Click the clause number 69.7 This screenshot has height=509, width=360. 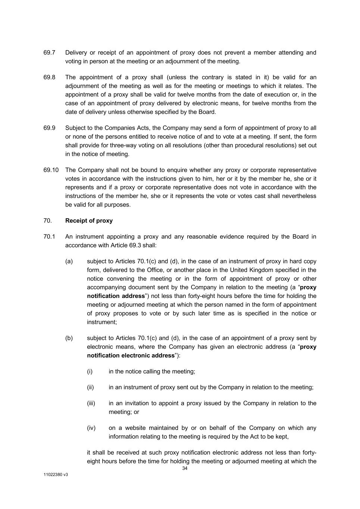49,53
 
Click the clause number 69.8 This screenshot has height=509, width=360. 49,77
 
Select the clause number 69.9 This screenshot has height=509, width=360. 49,128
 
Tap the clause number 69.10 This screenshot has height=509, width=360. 51,170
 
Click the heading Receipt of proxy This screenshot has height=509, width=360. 89,220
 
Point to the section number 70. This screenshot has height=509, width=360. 47,220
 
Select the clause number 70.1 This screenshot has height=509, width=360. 49,236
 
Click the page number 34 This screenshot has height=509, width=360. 185,468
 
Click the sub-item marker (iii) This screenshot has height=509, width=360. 91,403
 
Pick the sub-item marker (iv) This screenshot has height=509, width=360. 91,428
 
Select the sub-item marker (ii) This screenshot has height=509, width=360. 90,387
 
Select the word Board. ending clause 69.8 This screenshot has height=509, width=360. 207,112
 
